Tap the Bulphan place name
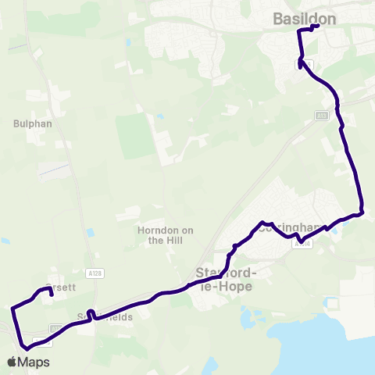click(31, 123)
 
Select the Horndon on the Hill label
click(165, 235)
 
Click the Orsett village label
click(62, 287)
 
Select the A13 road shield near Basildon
click(321, 116)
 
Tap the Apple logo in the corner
click(12, 362)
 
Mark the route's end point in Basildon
click(318, 26)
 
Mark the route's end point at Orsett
click(52, 295)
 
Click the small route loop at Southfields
click(91, 314)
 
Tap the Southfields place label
click(105, 318)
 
